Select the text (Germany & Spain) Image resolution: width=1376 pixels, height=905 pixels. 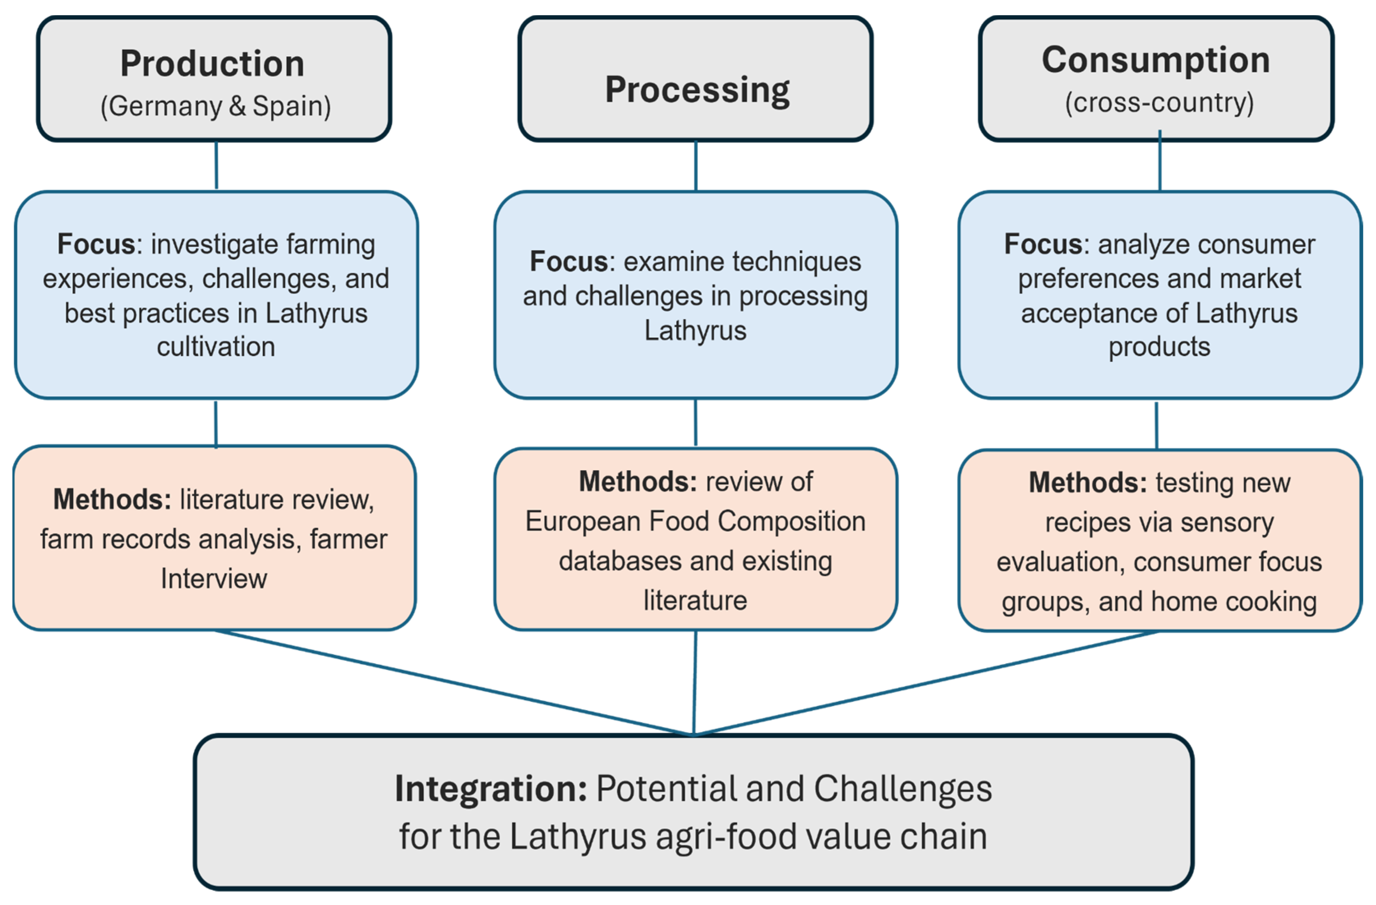(216, 106)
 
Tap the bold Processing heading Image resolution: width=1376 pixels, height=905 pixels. (697, 90)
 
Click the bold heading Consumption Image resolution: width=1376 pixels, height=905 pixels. (1156, 60)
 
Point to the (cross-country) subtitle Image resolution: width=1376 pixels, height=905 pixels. (1159, 103)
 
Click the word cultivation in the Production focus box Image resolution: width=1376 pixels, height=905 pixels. (216, 347)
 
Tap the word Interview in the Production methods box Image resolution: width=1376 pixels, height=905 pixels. (214, 579)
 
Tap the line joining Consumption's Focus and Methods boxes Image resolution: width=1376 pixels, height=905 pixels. (1156, 425)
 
